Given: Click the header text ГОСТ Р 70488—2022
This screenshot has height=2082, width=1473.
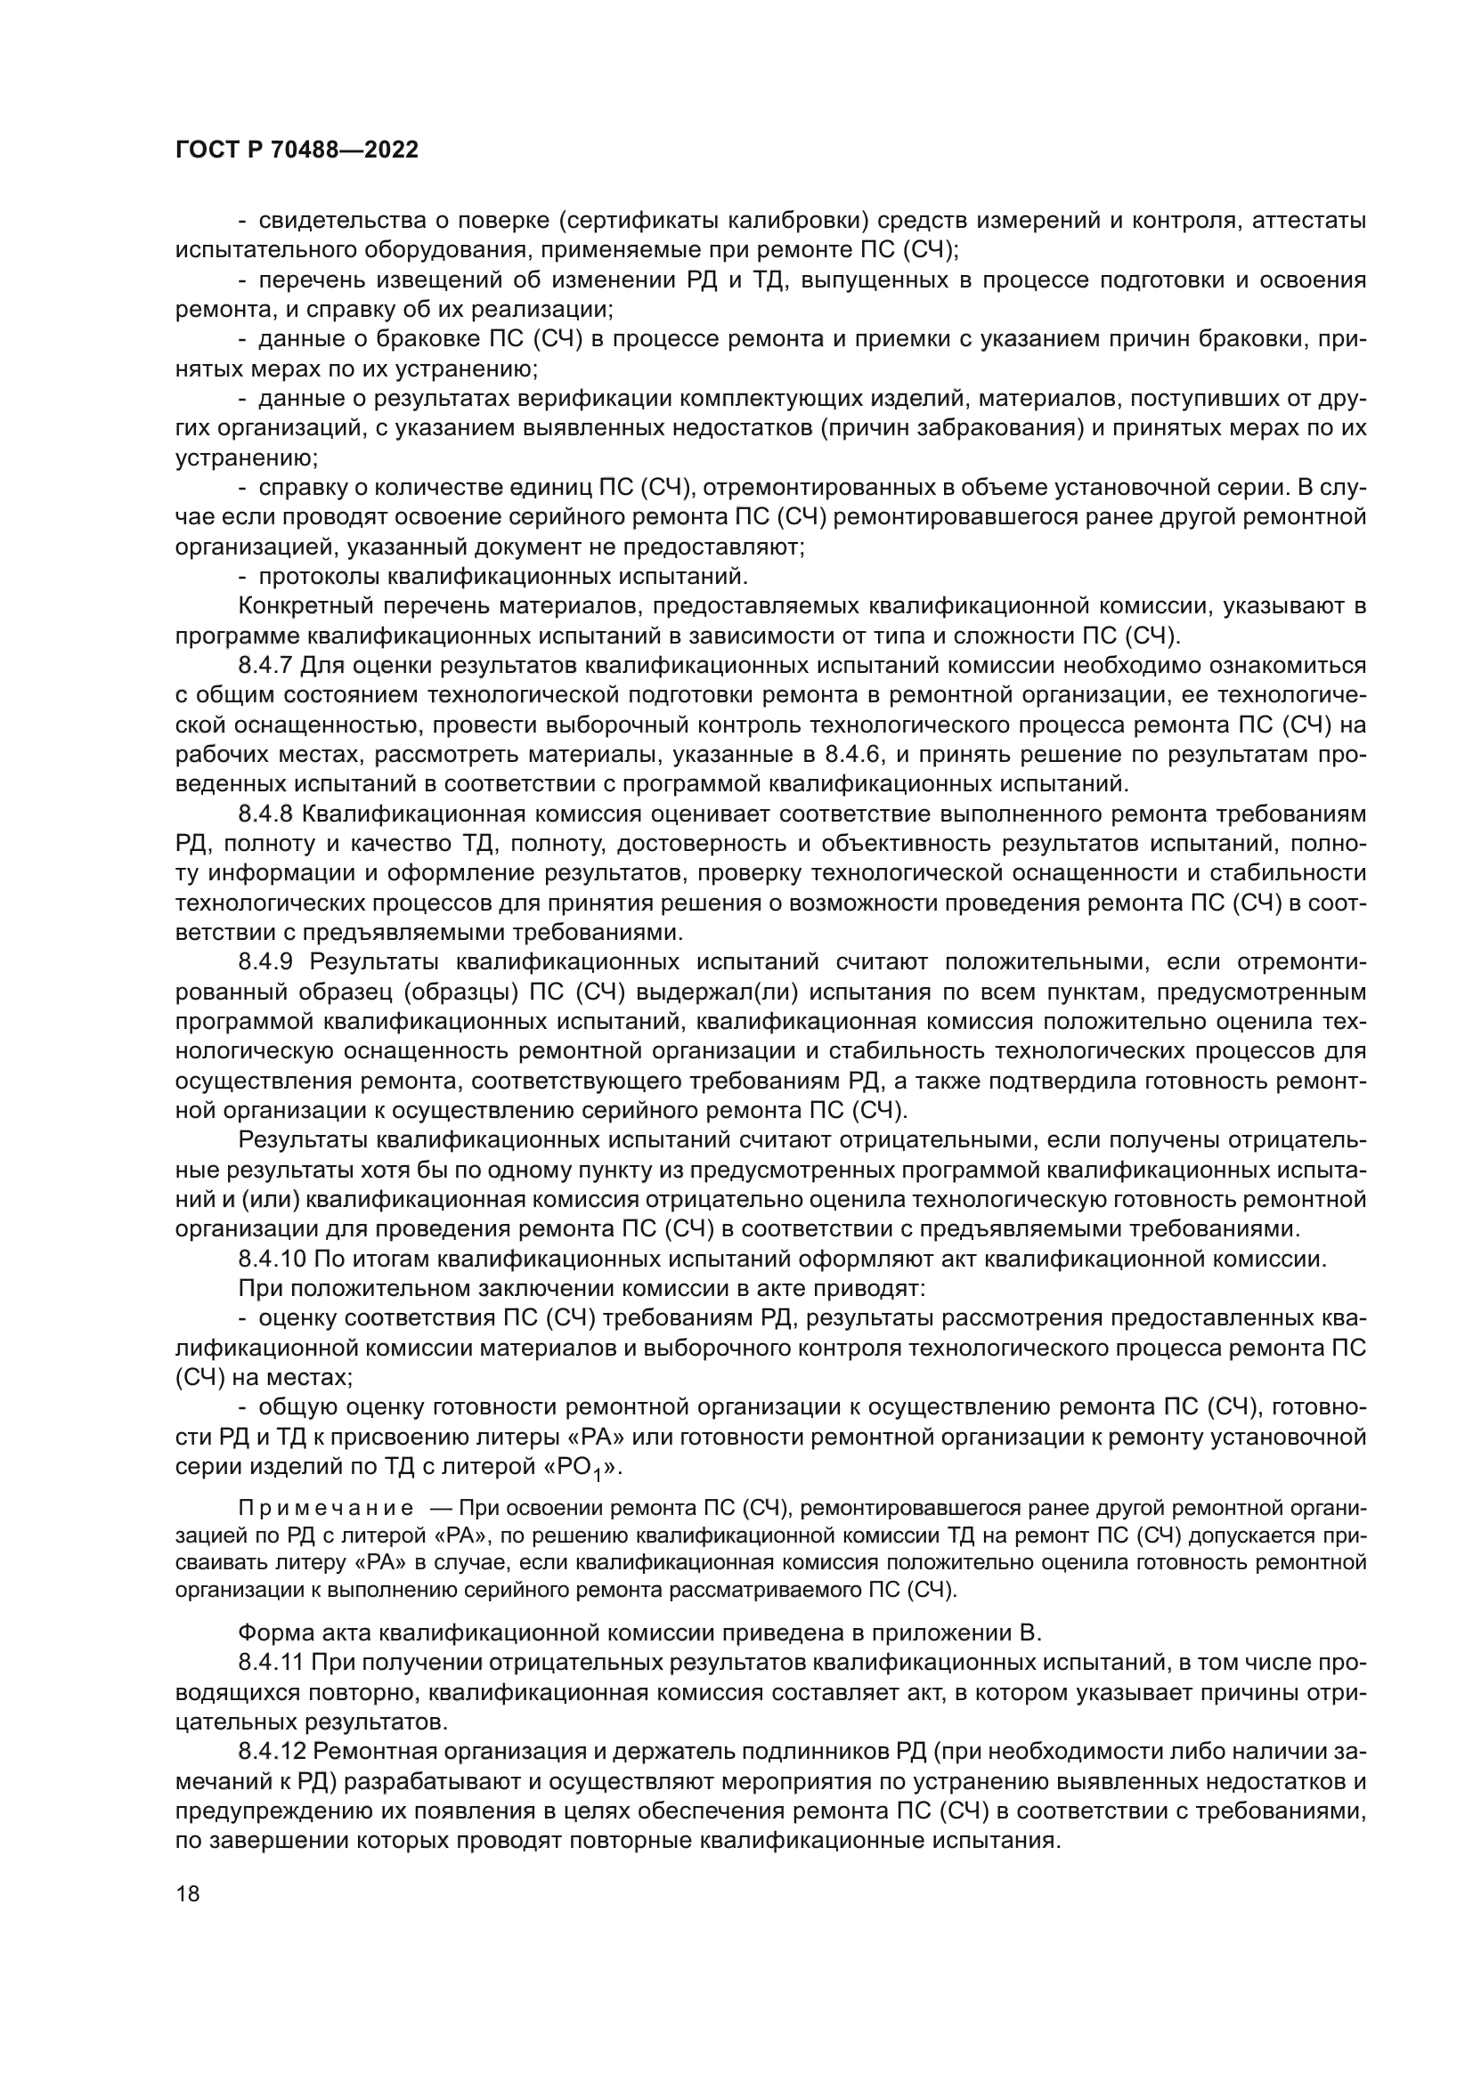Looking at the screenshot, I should pyautogui.click(x=297, y=150).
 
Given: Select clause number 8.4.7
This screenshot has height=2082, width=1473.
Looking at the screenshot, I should pyautogui.click(x=264, y=666).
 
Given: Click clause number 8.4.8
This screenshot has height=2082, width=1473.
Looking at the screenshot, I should pyautogui.click(x=264, y=814).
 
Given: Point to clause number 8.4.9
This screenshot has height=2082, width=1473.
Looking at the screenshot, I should pyautogui.click(x=264, y=961).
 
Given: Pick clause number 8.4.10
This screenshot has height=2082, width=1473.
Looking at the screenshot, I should pyautogui.click(x=272, y=1259).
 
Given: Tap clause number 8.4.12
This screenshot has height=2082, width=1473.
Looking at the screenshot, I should pyautogui.click(x=272, y=1751).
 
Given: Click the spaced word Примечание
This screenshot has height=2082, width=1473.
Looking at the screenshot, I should pyautogui.click(x=326, y=1508).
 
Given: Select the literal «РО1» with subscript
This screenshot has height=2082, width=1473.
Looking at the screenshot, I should pyautogui.click(x=580, y=1467).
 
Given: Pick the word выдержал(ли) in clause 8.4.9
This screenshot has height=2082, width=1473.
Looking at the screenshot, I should pyautogui.click(x=720, y=991).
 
